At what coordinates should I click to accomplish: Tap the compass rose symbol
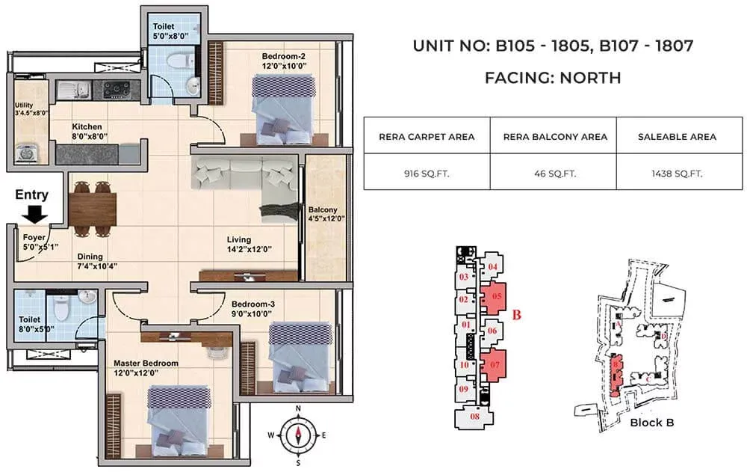297,435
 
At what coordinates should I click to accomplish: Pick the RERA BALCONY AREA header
553,137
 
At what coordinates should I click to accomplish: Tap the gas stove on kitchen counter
117,89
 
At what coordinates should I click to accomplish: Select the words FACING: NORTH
553,77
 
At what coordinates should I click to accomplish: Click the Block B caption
652,423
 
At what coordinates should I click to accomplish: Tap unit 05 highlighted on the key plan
495,296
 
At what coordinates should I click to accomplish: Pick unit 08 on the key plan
475,416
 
